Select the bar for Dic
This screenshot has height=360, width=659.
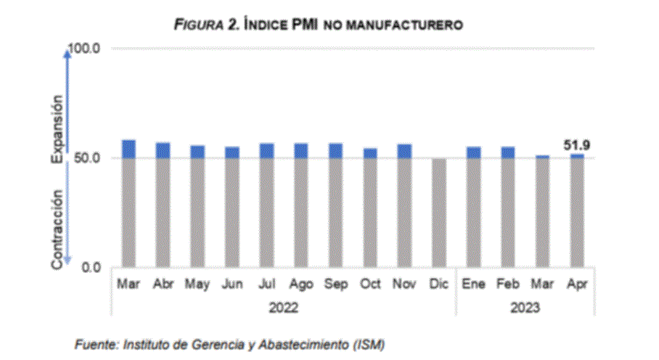click(x=438, y=213)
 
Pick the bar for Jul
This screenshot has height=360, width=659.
click(x=266, y=207)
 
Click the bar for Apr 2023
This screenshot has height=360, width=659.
click(x=576, y=210)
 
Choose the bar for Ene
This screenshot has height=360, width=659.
click(x=473, y=208)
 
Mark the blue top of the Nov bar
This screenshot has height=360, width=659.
click(x=404, y=150)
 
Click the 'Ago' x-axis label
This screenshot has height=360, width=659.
click(x=300, y=285)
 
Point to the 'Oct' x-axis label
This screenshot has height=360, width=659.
click(x=370, y=285)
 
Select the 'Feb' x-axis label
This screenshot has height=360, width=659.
click(x=507, y=285)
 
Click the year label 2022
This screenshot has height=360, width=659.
click(x=283, y=308)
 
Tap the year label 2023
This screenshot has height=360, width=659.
click(x=525, y=308)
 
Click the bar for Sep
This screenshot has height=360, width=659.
click(x=335, y=206)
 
